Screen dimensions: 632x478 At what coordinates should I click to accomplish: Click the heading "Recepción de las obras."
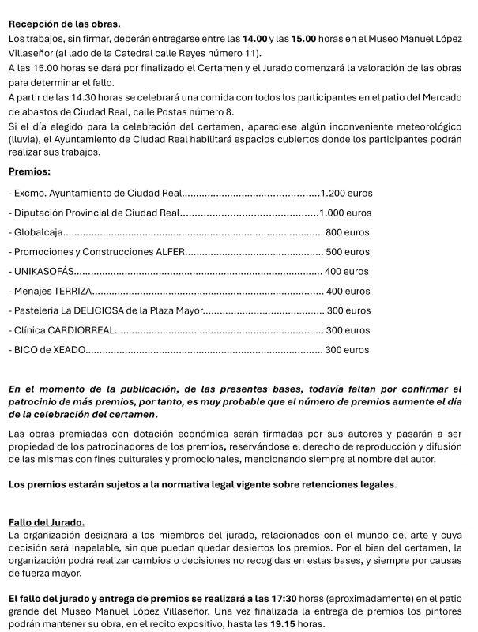coord(64,24)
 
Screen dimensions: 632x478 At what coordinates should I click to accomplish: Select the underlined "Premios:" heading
coord(29,171)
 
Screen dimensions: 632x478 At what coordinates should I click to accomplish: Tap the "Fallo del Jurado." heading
coord(46,522)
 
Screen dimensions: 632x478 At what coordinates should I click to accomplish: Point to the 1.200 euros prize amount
coord(346,193)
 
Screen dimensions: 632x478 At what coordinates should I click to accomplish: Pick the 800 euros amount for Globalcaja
coord(347,232)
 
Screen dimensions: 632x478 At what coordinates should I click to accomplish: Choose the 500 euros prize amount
coord(348,252)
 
